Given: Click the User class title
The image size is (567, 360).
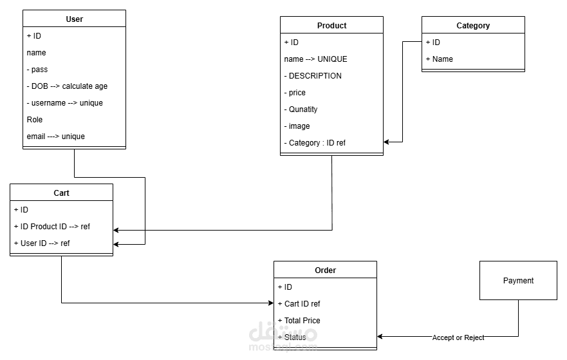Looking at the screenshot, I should coord(74,19).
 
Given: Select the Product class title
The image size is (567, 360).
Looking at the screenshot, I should coord(331,26).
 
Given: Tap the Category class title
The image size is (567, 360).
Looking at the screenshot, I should coord(473,26).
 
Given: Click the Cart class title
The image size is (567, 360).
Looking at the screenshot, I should coord(61,193).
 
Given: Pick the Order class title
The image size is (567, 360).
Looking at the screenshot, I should coord(325,270).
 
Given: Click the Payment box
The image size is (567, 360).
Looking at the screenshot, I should coord(518,281).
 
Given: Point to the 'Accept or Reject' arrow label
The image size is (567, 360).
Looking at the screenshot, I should coord(458,337).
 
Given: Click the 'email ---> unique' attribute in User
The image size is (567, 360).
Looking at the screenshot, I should coord(55,137).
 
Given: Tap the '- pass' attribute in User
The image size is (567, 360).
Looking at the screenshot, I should coord(37,70).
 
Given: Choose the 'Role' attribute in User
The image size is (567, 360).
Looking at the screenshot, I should coord(35,120).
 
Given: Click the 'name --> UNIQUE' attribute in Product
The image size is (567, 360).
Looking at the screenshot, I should coord(315,59).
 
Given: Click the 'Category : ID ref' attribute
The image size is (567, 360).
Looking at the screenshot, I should coord(315,143).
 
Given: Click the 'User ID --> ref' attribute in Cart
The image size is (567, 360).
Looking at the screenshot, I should coord(42,243).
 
